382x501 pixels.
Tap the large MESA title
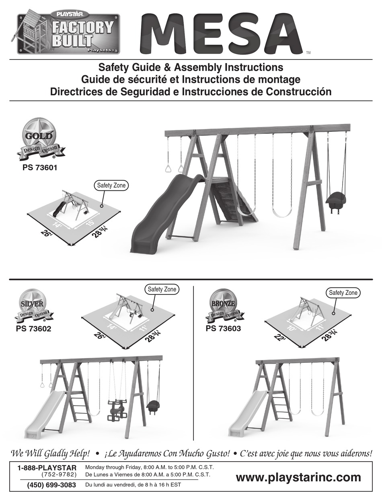coord(222,34)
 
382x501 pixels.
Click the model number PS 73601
coord(40,168)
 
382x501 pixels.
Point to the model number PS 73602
coord(33,329)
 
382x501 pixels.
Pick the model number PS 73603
coord(223,329)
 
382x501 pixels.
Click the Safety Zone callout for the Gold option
coord(111,185)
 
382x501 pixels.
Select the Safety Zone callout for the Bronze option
coord(343,293)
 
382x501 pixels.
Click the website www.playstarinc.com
coord(298,477)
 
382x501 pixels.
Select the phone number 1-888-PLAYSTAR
coord(47,468)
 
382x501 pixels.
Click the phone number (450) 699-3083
coord(51,485)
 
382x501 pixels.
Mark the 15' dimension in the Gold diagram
coord(90,222)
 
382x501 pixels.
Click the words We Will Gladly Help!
coord(50,454)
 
